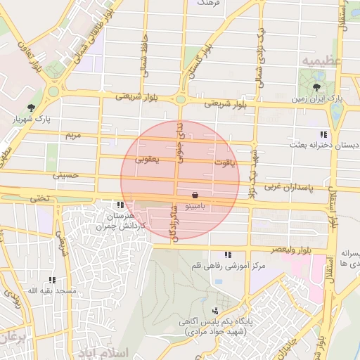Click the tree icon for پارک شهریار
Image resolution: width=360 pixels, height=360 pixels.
pyautogui.click(x=30, y=108)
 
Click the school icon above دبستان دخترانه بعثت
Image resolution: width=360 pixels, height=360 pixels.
pyautogui.click(x=323, y=134)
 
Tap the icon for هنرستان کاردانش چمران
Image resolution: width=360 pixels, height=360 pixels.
pyautogui.click(x=120, y=205)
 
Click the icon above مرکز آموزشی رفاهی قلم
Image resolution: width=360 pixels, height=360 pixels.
pyautogui.click(x=227, y=255)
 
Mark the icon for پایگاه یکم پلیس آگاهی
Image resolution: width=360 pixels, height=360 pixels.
pyautogui.click(x=215, y=311)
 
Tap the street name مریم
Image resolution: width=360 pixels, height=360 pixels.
pyautogui.click(x=73, y=134)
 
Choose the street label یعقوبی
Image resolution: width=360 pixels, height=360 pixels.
pyautogui.click(x=148, y=160)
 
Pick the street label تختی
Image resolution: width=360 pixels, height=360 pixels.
pyautogui.click(x=39, y=198)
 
